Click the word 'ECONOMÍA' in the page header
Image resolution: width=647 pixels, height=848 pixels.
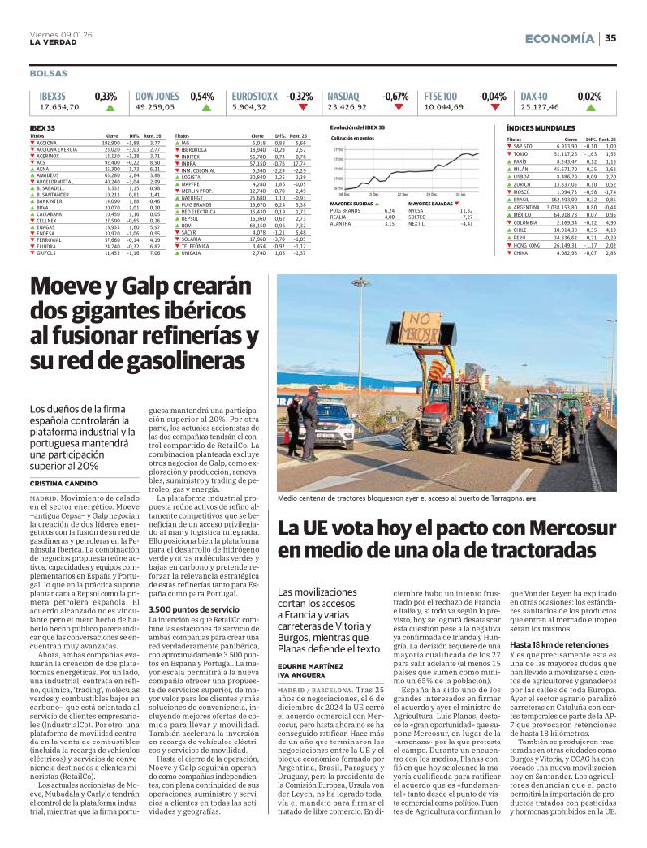tap(560, 38)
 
